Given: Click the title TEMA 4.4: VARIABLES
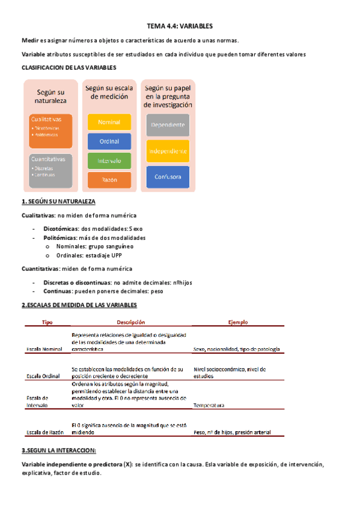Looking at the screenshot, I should click(180, 26).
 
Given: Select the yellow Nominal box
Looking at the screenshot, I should click(109, 123).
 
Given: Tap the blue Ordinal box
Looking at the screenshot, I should click(109, 141).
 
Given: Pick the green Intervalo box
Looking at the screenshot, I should click(109, 161).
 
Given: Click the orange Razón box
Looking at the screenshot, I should click(109, 179).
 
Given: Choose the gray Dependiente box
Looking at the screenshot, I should click(168, 124).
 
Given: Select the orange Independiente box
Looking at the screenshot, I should click(168, 150).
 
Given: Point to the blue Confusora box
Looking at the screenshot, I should click(168, 177).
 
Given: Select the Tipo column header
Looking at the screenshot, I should click(47, 323).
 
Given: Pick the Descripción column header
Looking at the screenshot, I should click(131, 323).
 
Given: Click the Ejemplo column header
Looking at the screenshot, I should click(238, 323).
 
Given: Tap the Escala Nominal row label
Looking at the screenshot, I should click(44, 349).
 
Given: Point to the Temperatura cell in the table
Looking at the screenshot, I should click(209, 405).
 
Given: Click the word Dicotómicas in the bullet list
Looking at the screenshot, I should click(61, 229).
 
